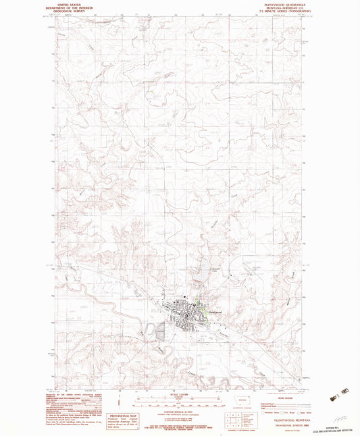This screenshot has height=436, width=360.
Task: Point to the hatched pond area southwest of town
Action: coord(160,331)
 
